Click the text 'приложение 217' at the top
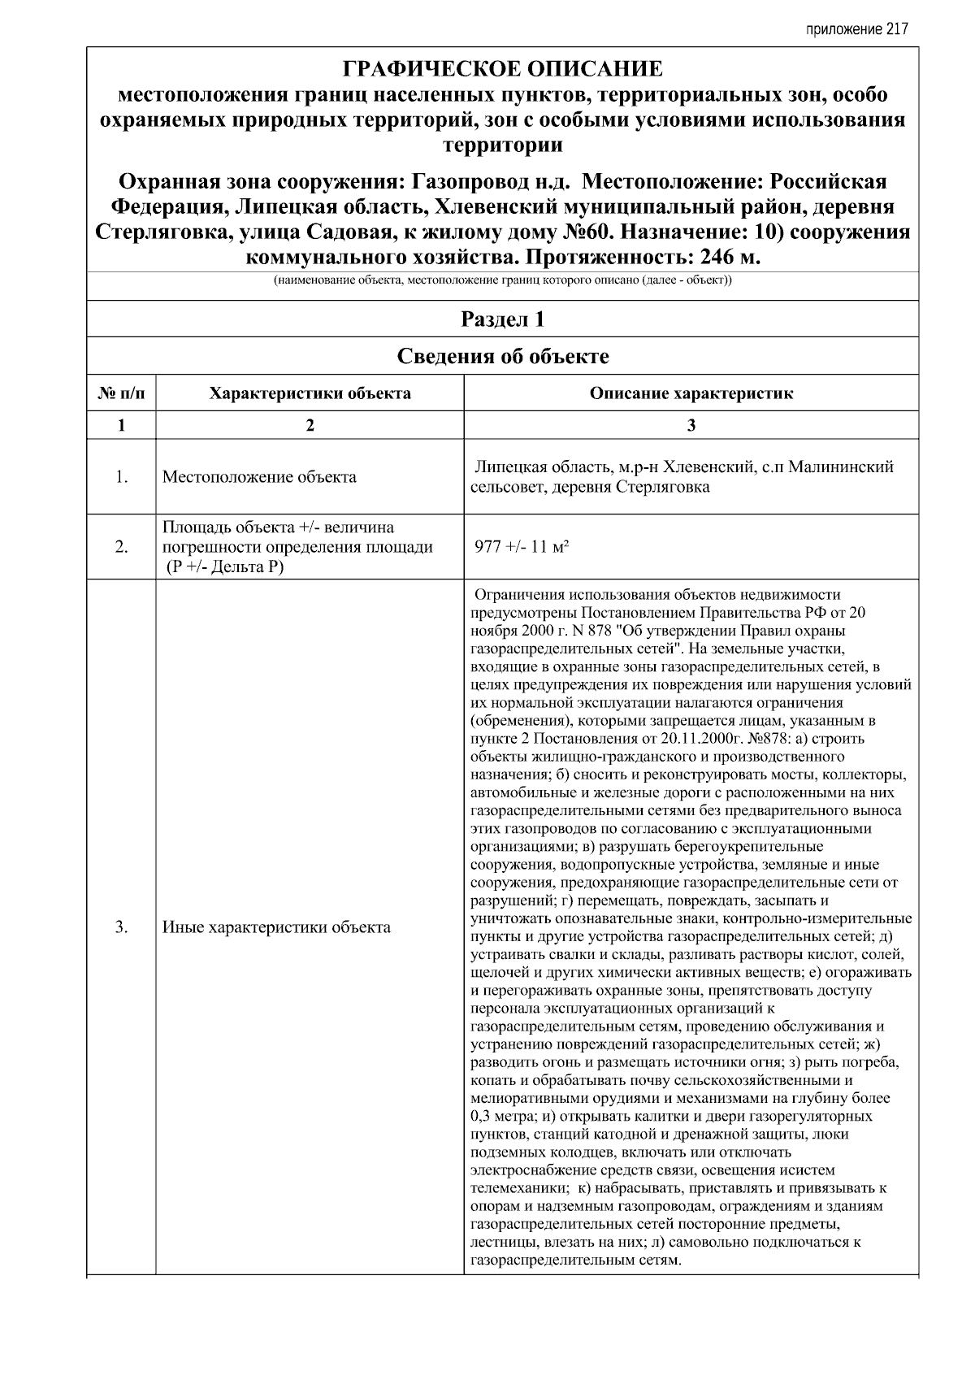click(x=856, y=29)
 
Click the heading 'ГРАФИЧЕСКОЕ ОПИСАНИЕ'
click(x=503, y=68)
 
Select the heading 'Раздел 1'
click(x=503, y=319)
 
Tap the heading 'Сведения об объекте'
click(x=503, y=356)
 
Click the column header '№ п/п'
click(x=121, y=393)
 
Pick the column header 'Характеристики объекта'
click(x=310, y=393)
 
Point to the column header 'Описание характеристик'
click(x=691, y=393)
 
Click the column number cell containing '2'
click(x=310, y=425)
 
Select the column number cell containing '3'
click(x=691, y=425)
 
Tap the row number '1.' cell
click(x=121, y=477)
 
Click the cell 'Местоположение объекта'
click(x=259, y=477)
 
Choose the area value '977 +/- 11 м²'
click(x=521, y=547)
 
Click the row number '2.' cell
click(x=121, y=547)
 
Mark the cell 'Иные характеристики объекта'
click(x=276, y=927)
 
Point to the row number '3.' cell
click(x=121, y=927)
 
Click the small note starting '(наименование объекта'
click(x=503, y=281)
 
